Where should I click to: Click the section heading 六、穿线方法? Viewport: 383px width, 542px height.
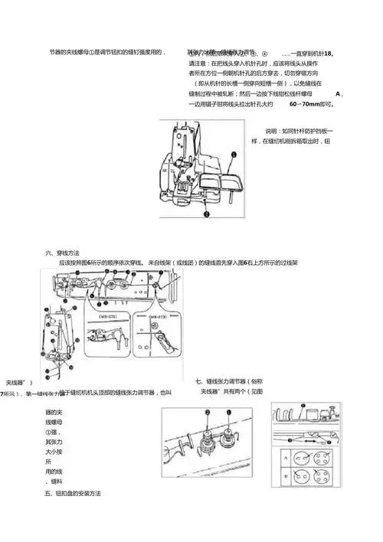pos(62,252)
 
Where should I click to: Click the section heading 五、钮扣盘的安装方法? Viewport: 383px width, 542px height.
pos(74,494)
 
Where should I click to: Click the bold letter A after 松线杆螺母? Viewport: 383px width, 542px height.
pos(338,93)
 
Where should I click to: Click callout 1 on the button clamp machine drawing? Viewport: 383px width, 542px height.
pos(232,155)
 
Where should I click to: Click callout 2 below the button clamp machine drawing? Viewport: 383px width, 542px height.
pos(206,216)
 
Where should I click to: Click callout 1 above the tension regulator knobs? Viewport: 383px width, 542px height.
pos(206,413)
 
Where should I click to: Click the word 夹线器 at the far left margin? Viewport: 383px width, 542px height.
pos(18,381)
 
